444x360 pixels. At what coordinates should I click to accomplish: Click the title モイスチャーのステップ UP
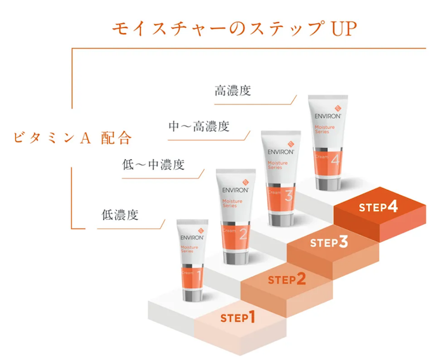pos(235,29)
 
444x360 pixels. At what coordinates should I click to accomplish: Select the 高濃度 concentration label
pos(233,91)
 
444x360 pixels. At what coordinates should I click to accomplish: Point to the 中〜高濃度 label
pos(199,127)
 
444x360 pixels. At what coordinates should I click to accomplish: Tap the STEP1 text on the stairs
pos(237,317)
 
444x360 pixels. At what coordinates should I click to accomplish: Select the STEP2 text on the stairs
pos(287,279)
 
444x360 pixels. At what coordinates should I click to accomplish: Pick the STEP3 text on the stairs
pos(329,243)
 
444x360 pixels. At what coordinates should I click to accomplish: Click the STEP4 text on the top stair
pos(378,207)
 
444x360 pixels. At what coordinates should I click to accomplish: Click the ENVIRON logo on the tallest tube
pos(328,116)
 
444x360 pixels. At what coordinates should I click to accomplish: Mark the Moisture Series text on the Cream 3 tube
pos(277,165)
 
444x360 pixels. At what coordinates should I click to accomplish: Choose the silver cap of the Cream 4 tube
pos(328,182)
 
